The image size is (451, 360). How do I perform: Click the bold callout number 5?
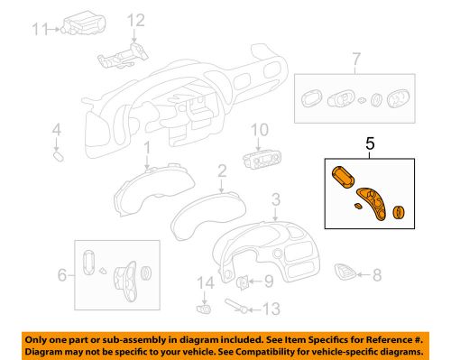[370, 143]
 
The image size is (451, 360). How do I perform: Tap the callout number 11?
[40, 29]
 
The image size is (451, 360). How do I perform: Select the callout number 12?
[136, 21]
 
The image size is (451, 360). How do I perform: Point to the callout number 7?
[356, 59]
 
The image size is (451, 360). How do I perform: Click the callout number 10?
[260, 130]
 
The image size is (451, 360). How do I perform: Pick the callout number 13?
[272, 309]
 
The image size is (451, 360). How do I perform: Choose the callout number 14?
[206, 283]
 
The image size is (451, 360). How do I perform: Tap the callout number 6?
[62, 275]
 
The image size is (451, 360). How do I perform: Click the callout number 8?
[377, 275]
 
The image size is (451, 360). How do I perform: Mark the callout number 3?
[276, 199]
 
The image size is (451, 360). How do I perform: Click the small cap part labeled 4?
[58, 157]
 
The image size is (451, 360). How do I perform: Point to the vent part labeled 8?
[345, 272]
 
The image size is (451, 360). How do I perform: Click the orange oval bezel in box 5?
[343, 177]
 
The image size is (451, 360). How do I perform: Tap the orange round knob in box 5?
[399, 212]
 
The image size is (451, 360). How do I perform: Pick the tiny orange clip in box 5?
[358, 206]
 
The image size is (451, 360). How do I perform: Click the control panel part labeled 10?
[262, 160]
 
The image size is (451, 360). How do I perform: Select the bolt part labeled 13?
[236, 306]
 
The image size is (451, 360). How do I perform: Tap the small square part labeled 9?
[242, 282]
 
